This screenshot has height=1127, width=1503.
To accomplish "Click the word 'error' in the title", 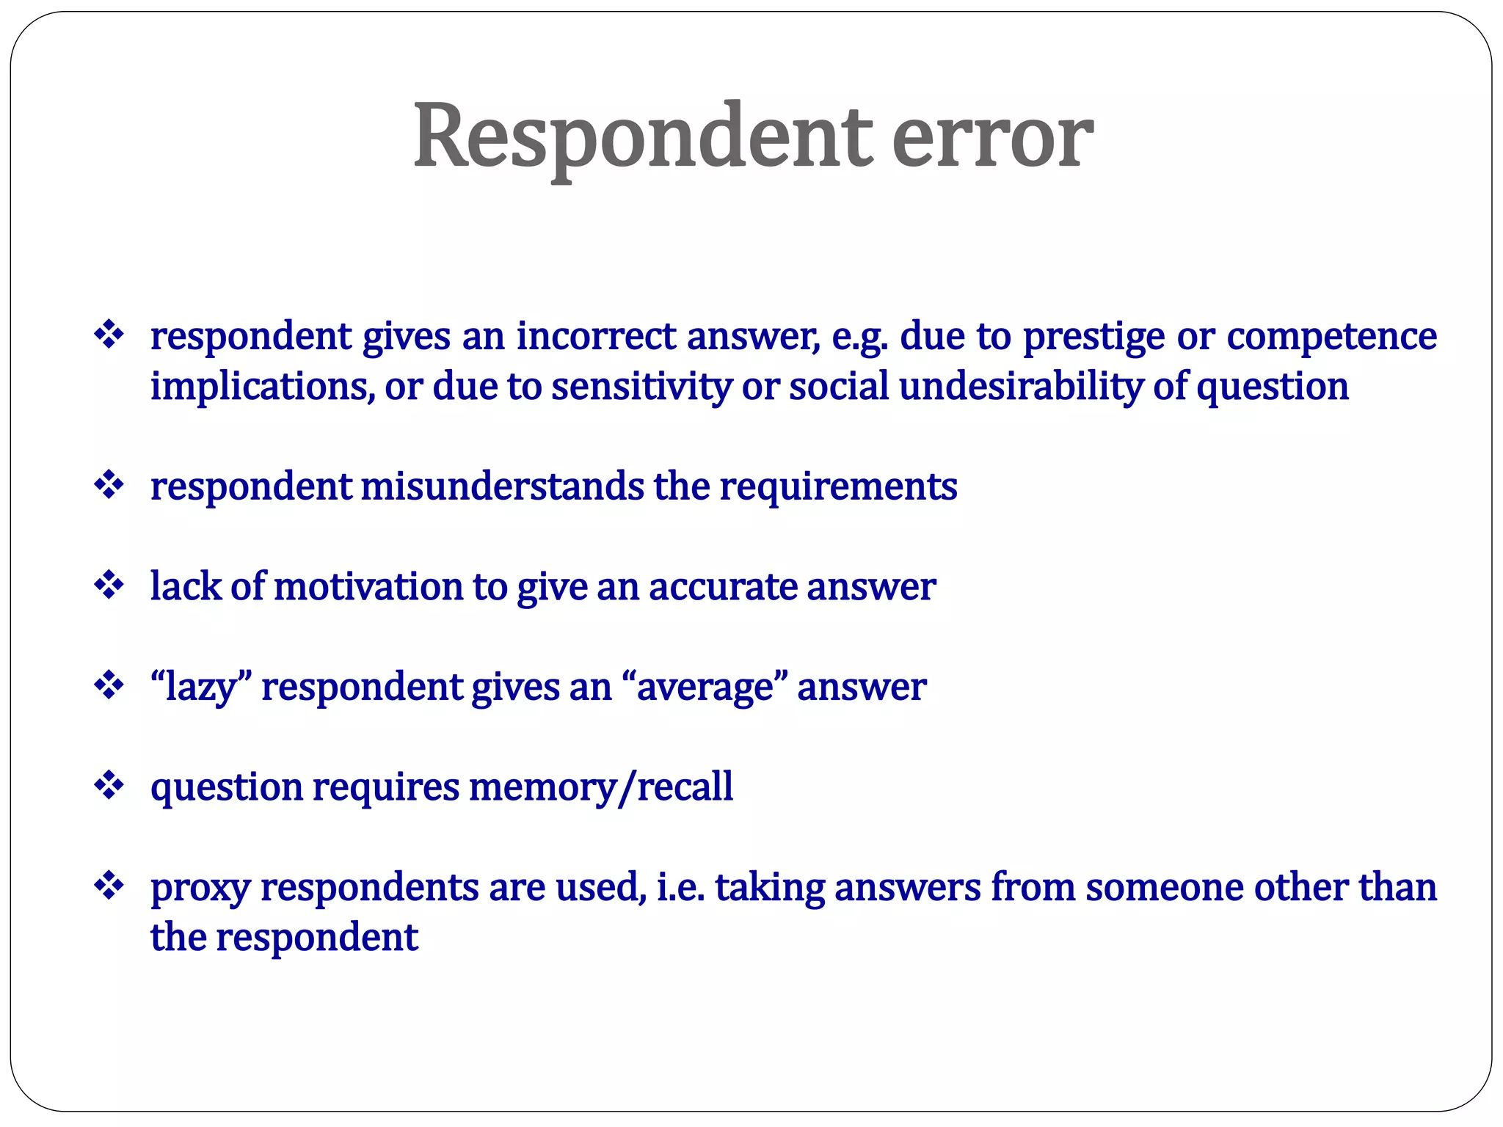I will pos(991,137).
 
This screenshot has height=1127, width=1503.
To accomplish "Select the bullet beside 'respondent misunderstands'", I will pos(109,485).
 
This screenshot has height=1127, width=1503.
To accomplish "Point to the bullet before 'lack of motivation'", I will pos(109,586).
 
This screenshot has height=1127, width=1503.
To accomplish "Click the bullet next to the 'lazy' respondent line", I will pos(109,686).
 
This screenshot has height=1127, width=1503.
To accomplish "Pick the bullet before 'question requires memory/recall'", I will pos(109,786).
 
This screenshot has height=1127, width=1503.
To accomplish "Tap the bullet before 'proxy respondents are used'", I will pos(109,886).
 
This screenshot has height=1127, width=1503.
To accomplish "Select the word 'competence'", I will pos(1331,338).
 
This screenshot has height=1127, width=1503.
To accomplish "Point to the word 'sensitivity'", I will pos(641,387).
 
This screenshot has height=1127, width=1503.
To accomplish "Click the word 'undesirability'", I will pos(1021,387).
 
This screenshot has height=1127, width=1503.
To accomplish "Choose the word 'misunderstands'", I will pos(502,486).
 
